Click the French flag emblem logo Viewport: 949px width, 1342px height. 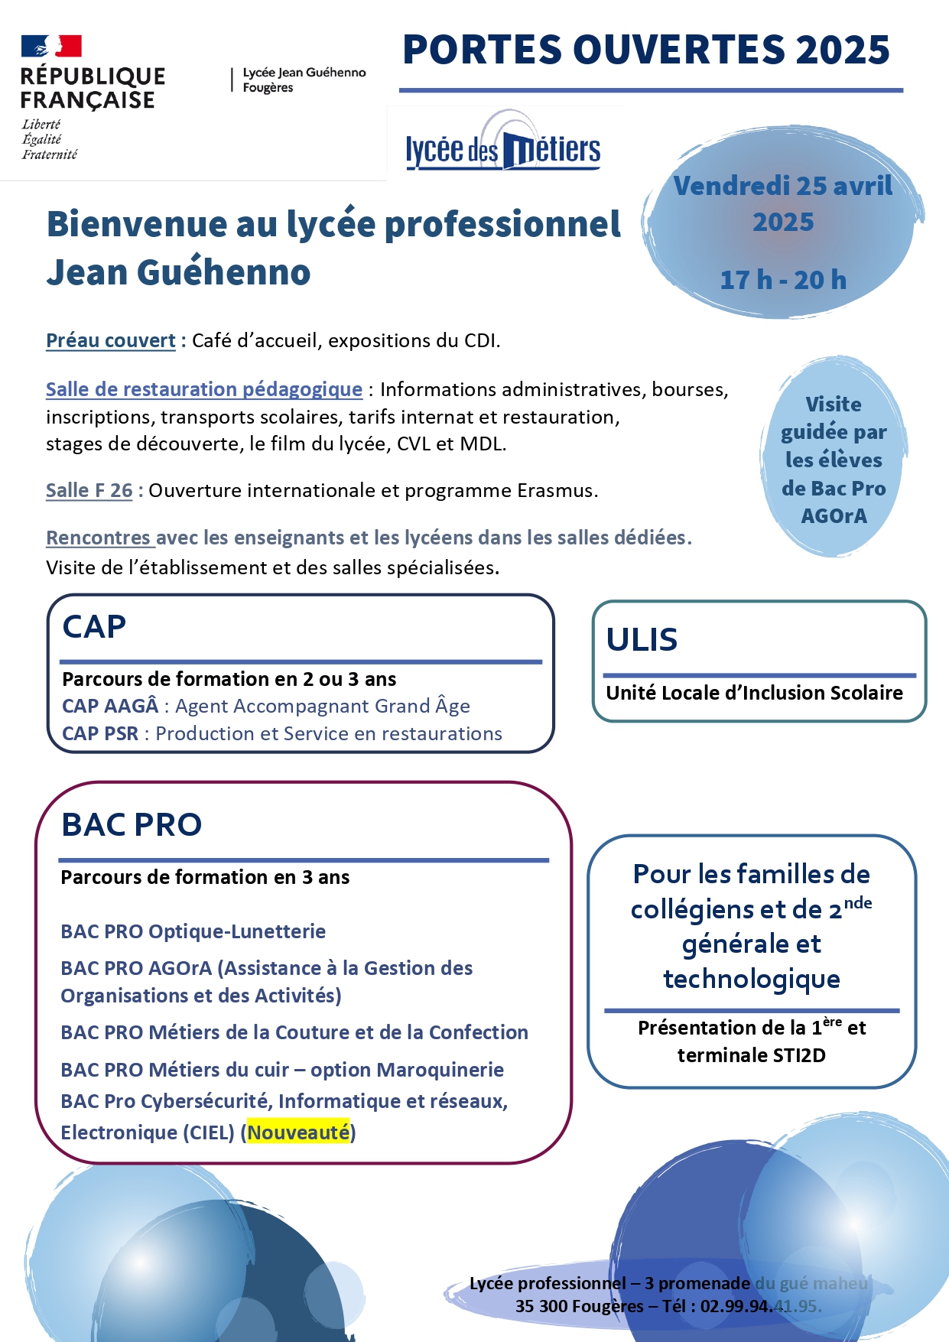click(x=51, y=47)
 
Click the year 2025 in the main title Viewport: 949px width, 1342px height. click(x=843, y=50)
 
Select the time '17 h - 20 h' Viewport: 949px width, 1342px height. click(x=783, y=280)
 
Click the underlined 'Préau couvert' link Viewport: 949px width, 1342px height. click(x=111, y=340)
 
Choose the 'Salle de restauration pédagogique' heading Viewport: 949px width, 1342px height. click(x=204, y=389)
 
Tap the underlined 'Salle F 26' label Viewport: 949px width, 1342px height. click(x=89, y=490)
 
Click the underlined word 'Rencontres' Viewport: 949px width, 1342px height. click(x=99, y=538)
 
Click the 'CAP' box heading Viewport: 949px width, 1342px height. click(x=94, y=627)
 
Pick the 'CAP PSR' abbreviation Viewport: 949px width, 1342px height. click(x=100, y=733)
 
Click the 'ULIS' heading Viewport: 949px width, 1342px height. click(x=642, y=640)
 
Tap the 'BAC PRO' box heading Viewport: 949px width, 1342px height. click(x=132, y=824)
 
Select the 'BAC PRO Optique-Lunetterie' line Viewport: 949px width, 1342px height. click(x=193, y=931)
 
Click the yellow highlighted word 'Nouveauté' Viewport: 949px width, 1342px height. click(x=298, y=1132)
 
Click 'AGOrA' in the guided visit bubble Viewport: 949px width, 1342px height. click(x=834, y=516)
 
